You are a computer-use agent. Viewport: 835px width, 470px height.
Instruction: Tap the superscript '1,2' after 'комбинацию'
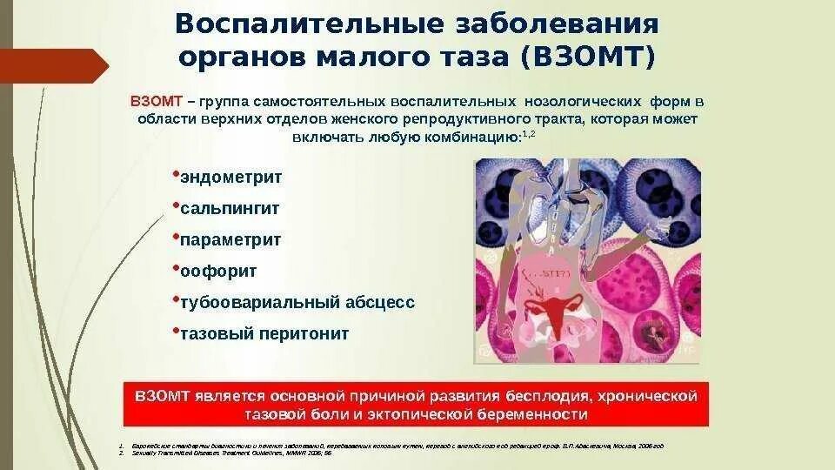coord(526,133)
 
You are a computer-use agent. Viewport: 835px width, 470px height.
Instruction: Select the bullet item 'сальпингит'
coord(230,209)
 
